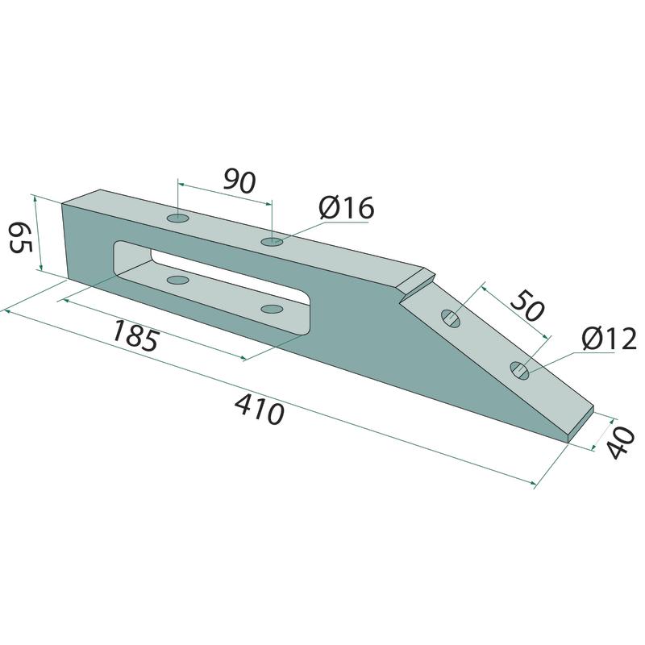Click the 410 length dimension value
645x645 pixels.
click(x=260, y=409)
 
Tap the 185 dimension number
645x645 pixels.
click(x=135, y=335)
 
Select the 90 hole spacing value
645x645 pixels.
click(x=239, y=181)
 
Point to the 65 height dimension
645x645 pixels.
click(x=20, y=237)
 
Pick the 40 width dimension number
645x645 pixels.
click(x=621, y=443)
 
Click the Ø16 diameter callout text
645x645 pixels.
click(x=347, y=208)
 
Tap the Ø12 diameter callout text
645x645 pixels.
click(x=609, y=339)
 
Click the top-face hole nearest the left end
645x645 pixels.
click(x=178, y=218)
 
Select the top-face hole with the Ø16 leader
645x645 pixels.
click(x=272, y=241)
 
